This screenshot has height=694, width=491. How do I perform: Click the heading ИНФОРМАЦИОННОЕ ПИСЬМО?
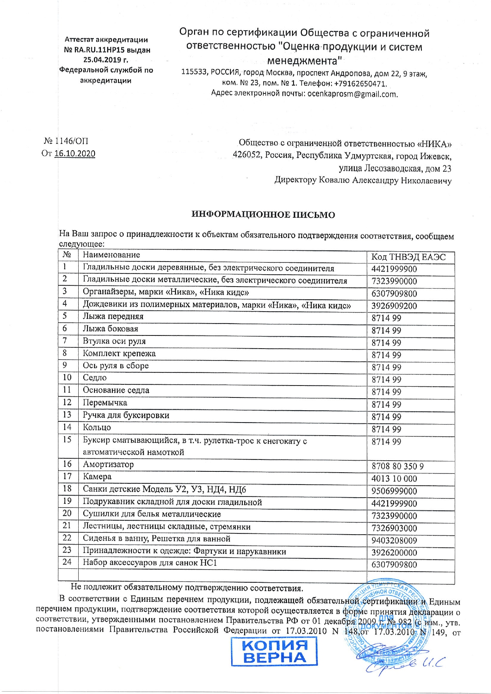[x=263, y=215]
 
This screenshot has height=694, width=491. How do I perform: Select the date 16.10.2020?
[x=75, y=154]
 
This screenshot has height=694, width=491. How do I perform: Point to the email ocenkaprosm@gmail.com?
[x=352, y=94]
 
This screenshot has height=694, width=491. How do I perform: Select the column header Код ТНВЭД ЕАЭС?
[x=408, y=257]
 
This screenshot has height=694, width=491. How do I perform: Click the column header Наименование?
[x=111, y=255]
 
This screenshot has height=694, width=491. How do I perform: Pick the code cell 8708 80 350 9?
[x=398, y=466]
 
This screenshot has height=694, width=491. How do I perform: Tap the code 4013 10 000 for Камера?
[x=394, y=479]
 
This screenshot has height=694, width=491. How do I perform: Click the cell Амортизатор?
[x=108, y=464]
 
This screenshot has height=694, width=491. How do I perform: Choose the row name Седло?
[x=95, y=378]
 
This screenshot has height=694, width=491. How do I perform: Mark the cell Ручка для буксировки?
[x=126, y=415]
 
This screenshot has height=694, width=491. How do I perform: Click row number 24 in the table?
[x=67, y=562]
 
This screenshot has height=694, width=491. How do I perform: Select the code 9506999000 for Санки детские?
[x=394, y=491]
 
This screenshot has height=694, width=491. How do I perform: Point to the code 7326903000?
[x=394, y=528]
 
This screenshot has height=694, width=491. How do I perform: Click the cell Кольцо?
[x=97, y=427]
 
